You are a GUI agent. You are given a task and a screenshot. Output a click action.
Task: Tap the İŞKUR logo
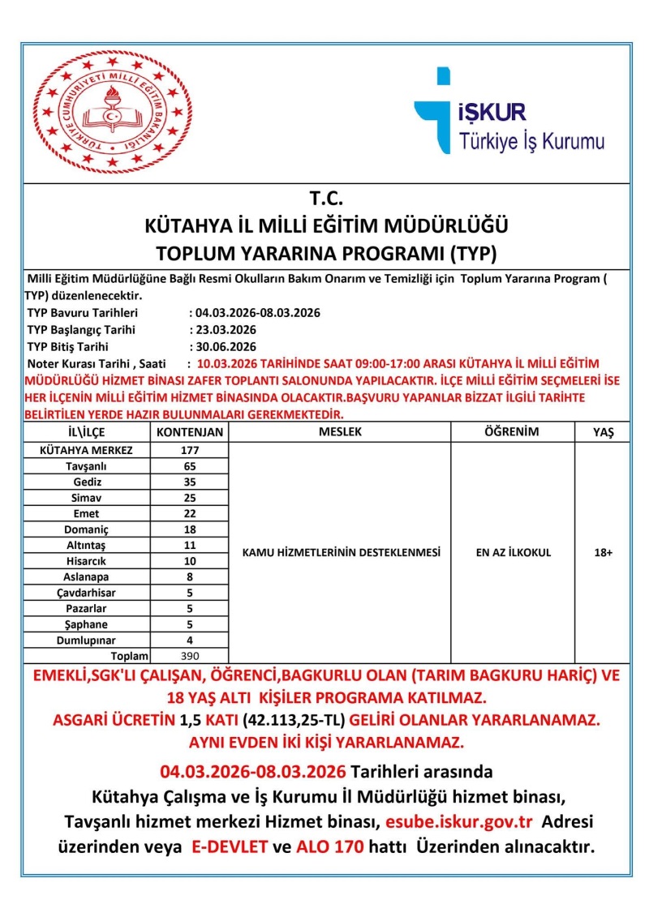coord(509,111)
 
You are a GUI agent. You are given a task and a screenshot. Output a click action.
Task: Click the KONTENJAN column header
coord(189,432)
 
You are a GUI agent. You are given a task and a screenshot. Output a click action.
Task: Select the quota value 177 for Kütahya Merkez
coord(189,450)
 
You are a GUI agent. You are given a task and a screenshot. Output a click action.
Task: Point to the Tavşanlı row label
coord(86,466)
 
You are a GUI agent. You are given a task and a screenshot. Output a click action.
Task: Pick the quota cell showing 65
coord(189,466)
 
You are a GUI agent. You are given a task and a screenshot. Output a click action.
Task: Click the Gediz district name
coord(86,482)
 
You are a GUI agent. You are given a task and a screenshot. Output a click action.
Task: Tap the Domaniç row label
coord(86,529)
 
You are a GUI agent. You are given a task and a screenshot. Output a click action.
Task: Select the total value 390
coord(189,656)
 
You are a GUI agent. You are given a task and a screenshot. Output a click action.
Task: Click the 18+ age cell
coord(603,552)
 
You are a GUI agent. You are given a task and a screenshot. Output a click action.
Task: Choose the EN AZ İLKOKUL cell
coord(513,552)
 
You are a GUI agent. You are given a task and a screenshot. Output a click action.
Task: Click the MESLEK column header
coord(340,432)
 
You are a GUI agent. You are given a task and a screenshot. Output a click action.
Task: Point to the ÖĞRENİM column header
coord(513,432)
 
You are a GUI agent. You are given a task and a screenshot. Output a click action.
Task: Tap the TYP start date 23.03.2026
coord(223,330)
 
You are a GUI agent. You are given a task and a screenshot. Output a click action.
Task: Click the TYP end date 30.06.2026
coord(223,346)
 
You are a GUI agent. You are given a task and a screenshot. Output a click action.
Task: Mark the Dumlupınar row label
coord(86,641)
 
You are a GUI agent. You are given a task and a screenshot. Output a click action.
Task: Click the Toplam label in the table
coord(130,656)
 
